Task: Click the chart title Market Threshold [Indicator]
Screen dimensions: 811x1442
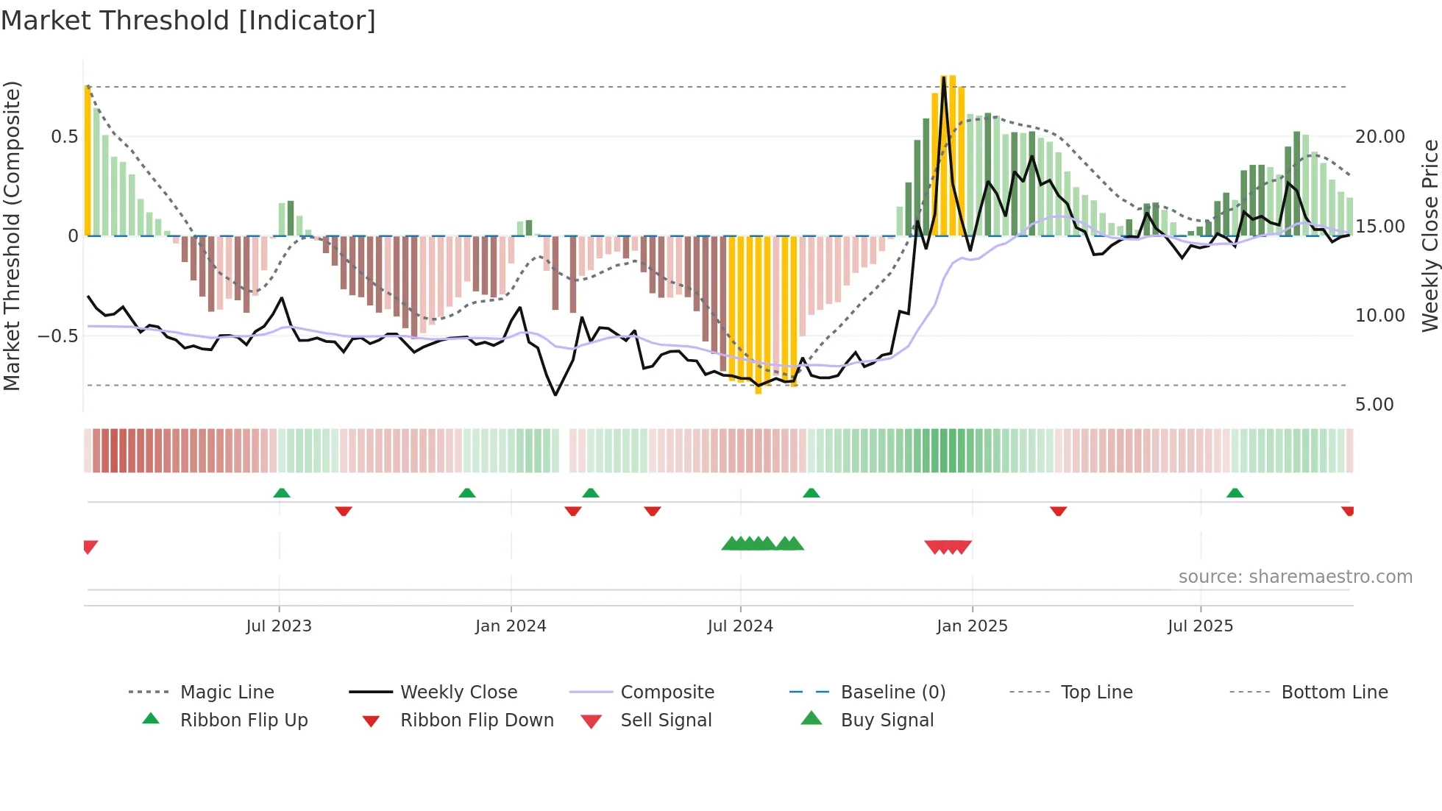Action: pyautogui.click(x=188, y=21)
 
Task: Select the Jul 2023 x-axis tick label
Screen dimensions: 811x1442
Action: pyautogui.click(x=279, y=626)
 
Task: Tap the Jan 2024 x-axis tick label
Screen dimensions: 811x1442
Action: pyautogui.click(x=511, y=626)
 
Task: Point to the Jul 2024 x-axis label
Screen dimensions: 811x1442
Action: pyautogui.click(x=740, y=626)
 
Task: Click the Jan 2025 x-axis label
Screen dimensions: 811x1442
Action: pyautogui.click(x=972, y=626)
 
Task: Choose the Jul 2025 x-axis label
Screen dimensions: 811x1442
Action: pyautogui.click(x=1200, y=626)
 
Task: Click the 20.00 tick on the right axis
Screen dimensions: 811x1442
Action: pyautogui.click(x=1379, y=137)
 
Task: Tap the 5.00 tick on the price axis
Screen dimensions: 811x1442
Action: pyautogui.click(x=1374, y=405)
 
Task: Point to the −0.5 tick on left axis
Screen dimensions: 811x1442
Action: pyautogui.click(x=58, y=336)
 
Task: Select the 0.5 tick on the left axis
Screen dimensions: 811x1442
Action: pyautogui.click(x=64, y=137)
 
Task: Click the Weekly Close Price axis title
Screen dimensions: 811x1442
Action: pyautogui.click(x=1429, y=235)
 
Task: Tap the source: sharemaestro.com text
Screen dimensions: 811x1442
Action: pyautogui.click(x=1295, y=577)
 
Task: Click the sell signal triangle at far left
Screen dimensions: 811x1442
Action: pyautogui.click(x=90, y=547)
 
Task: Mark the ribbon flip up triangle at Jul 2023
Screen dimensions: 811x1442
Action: pyautogui.click(x=282, y=493)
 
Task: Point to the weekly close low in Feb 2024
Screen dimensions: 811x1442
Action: pyautogui.click(x=555, y=395)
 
